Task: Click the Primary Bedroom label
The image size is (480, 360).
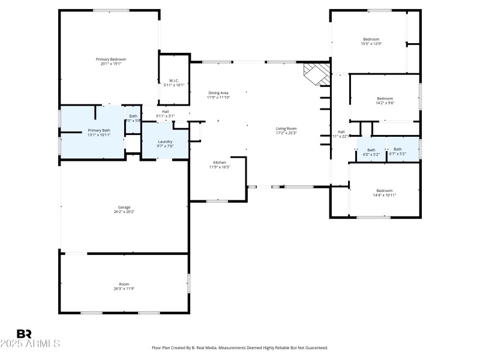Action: click(111, 59)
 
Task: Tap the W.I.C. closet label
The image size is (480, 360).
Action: click(174, 80)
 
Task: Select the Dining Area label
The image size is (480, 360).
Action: click(218, 93)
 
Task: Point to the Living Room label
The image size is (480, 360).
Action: click(286, 128)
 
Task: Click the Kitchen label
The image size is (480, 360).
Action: click(220, 163)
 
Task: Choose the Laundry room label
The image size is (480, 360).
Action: click(165, 142)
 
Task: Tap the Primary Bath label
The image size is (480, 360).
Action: click(99, 130)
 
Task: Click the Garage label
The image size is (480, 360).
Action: click(124, 208)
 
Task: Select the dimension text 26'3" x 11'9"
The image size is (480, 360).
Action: click(124, 289)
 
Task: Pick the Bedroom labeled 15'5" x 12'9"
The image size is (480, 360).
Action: click(371, 40)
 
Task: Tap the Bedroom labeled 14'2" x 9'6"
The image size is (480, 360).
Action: click(385, 98)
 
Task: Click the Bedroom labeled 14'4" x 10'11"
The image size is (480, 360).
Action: click(384, 191)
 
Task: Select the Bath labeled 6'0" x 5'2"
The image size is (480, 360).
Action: click(371, 150)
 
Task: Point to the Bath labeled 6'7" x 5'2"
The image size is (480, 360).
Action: click(398, 149)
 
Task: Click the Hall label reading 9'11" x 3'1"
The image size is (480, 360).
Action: click(165, 113)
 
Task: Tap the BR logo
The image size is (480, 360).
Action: click(24, 334)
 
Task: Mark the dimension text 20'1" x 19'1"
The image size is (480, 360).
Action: click(111, 64)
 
